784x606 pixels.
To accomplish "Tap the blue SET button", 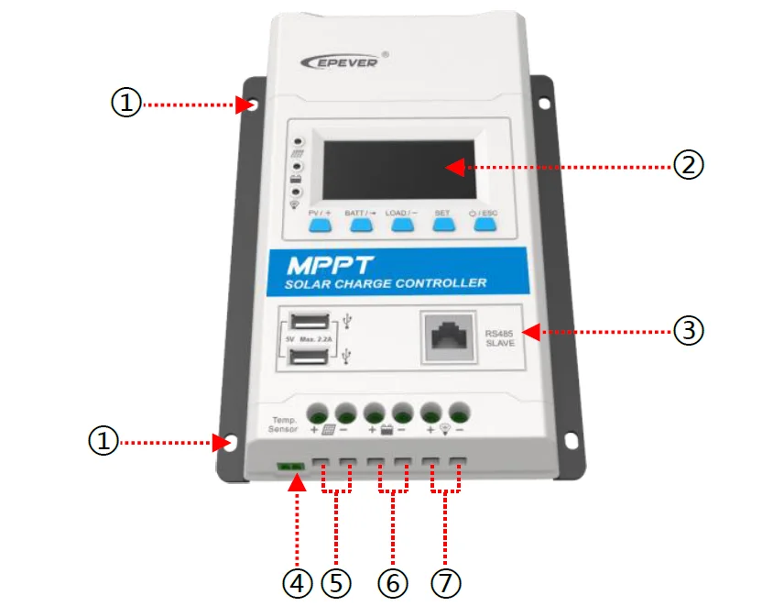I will tap(443, 226).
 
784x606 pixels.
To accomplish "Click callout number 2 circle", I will tap(688, 165).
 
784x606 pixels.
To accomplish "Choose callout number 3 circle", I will tap(688, 329).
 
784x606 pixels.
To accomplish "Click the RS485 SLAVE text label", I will tap(500, 336).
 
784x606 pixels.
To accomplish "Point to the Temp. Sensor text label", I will tap(284, 424).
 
